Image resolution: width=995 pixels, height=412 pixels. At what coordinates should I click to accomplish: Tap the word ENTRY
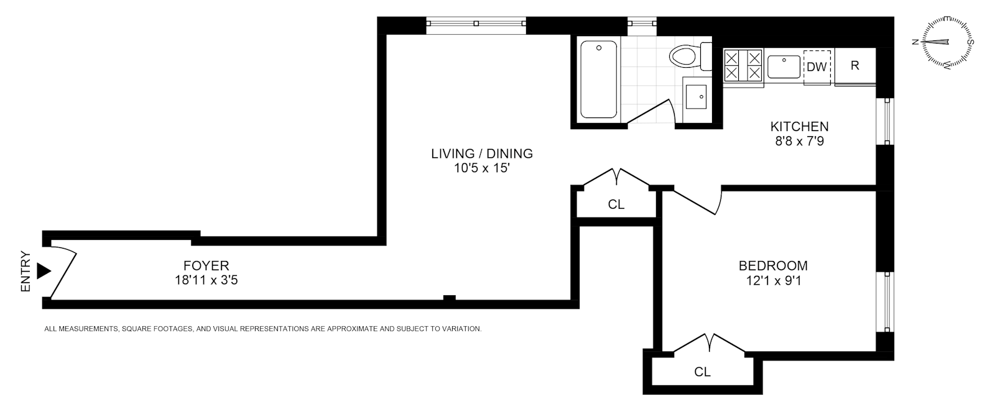coord(25,271)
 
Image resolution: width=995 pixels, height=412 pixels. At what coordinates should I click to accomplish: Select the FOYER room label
coord(206,266)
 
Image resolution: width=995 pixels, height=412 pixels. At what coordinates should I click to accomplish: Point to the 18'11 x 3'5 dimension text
coord(206,280)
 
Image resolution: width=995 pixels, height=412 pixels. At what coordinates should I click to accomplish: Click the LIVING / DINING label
coord(482,153)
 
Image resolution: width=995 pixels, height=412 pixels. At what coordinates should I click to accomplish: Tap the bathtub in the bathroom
coord(599,80)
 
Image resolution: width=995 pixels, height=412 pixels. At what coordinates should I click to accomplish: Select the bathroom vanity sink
coord(698,98)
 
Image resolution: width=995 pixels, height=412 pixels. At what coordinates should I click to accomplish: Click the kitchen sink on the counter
coord(784,66)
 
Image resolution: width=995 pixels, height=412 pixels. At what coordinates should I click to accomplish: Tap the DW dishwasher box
coord(817,67)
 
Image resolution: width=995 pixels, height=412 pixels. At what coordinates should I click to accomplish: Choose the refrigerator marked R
coord(855,66)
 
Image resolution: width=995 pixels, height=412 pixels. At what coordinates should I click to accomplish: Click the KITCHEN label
coord(799,127)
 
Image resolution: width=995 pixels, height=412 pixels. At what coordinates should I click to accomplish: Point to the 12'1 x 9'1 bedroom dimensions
coord(773,280)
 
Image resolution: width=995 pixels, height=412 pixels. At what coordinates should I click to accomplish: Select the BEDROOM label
coord(773,266)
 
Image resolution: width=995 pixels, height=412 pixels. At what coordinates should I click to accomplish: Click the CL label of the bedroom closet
coord(702,372)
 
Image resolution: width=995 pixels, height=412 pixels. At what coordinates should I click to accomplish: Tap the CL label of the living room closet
coord(616,204)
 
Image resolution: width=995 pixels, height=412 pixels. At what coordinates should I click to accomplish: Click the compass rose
coord(945,42)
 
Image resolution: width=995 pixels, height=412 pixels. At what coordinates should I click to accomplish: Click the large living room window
coord(476,24)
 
